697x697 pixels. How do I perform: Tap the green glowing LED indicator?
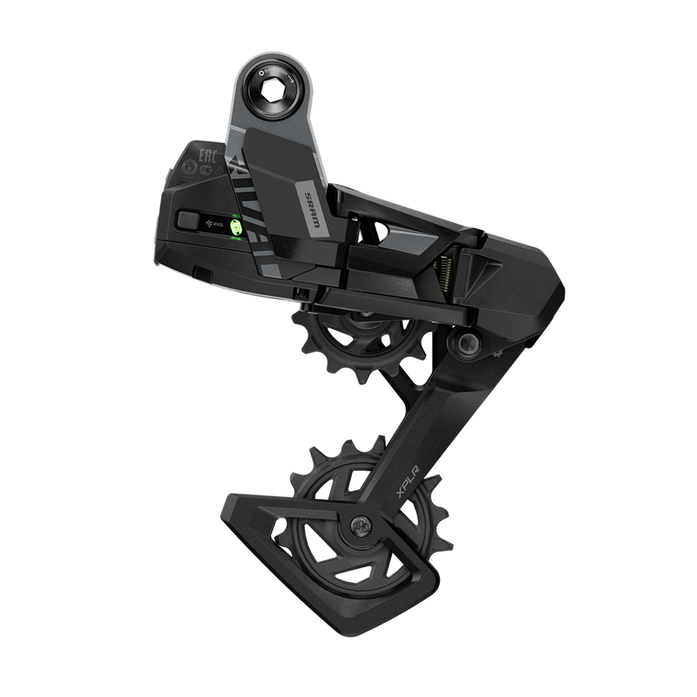(235, 227)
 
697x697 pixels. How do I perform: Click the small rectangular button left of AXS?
(188, 220)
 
